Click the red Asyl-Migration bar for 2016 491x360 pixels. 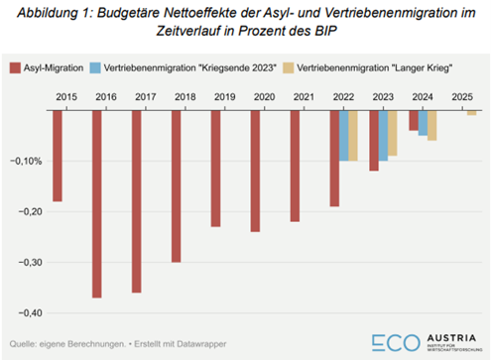[x=97, y=203]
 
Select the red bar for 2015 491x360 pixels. [x=58, y=156]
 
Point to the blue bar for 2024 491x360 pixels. [x=423, y=123]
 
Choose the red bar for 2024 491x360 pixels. [x=413, y=120]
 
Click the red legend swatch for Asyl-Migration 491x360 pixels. [x=15, y=67]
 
